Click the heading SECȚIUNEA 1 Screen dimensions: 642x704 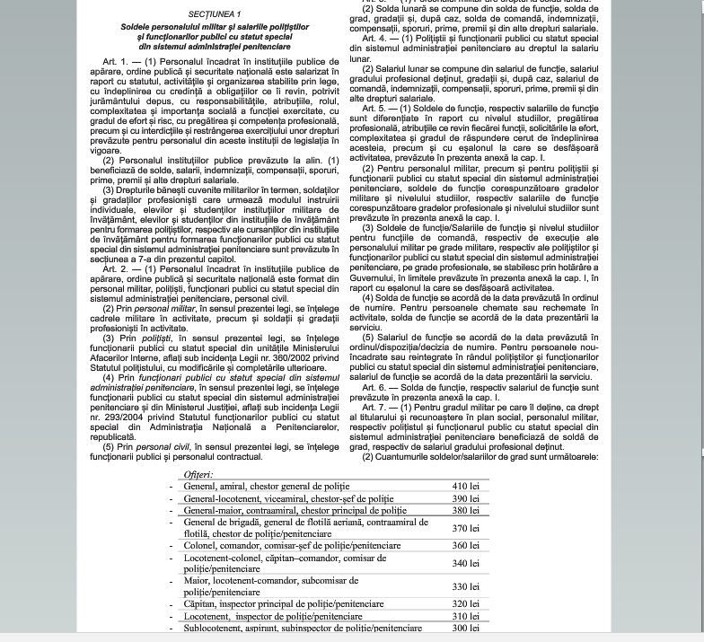215,15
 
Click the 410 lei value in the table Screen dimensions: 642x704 465,486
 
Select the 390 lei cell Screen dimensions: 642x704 465,498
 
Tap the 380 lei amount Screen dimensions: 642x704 465,510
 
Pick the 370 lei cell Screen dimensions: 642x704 465,528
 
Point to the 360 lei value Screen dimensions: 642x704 465,545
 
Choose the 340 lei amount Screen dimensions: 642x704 465,563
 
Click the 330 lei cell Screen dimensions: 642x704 465,586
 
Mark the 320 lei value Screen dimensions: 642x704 465,604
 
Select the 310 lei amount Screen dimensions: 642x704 465,617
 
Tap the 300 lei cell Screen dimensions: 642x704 465,629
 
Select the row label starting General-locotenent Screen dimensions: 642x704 287,498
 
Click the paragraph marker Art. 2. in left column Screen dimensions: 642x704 115,268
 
